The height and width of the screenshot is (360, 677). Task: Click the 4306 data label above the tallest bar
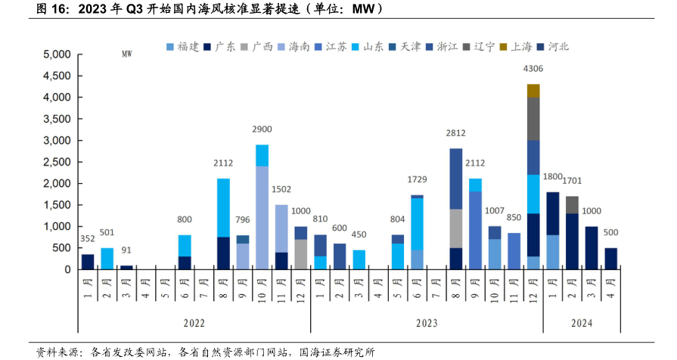coord(533,70)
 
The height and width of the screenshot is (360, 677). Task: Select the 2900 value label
coord(262,130)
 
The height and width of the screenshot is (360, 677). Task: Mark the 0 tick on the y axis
coord(68,270)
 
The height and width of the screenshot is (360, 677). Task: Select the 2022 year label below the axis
coord(194,323)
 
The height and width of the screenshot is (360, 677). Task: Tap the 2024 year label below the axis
coord(582,323)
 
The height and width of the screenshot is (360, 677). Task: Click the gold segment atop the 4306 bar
coord(533,91)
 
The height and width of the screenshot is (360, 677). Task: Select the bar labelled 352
coord(88,262)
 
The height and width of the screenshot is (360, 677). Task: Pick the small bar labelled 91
coord(126,267)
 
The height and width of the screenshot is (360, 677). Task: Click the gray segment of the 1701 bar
coord(572,205)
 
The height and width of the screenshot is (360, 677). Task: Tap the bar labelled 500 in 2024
coord(610,259)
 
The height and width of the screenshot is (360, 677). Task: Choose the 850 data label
coord(514,219)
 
